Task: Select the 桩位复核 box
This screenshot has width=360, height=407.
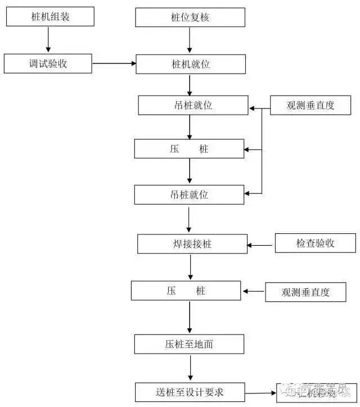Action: [x=190, y=17]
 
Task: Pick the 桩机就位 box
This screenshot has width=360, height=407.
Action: [x=190, y=64]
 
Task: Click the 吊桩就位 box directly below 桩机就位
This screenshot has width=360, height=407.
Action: [x=192, y=105]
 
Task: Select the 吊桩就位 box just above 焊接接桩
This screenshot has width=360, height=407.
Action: [x=190, y=195]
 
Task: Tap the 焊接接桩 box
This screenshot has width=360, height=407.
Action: [x=192, y=244]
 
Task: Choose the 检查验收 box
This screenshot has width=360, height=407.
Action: [x=315, y=243]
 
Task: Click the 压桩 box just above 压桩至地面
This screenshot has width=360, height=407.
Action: [x=186, y=291]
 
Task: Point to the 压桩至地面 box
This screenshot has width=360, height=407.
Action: [x=190, y=344]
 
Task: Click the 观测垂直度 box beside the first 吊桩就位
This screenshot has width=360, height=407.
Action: [x=310, y=105]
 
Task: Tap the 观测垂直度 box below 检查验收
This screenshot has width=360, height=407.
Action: [x=305, y=292]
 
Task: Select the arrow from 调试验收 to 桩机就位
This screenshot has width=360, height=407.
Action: [x=114, y=64]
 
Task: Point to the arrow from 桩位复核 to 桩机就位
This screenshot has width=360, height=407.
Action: [x=190, y=40]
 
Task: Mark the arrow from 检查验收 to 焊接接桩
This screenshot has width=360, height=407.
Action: [x=261, y=245]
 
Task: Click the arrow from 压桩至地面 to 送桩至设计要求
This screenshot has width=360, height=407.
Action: [x=190, y=368]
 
